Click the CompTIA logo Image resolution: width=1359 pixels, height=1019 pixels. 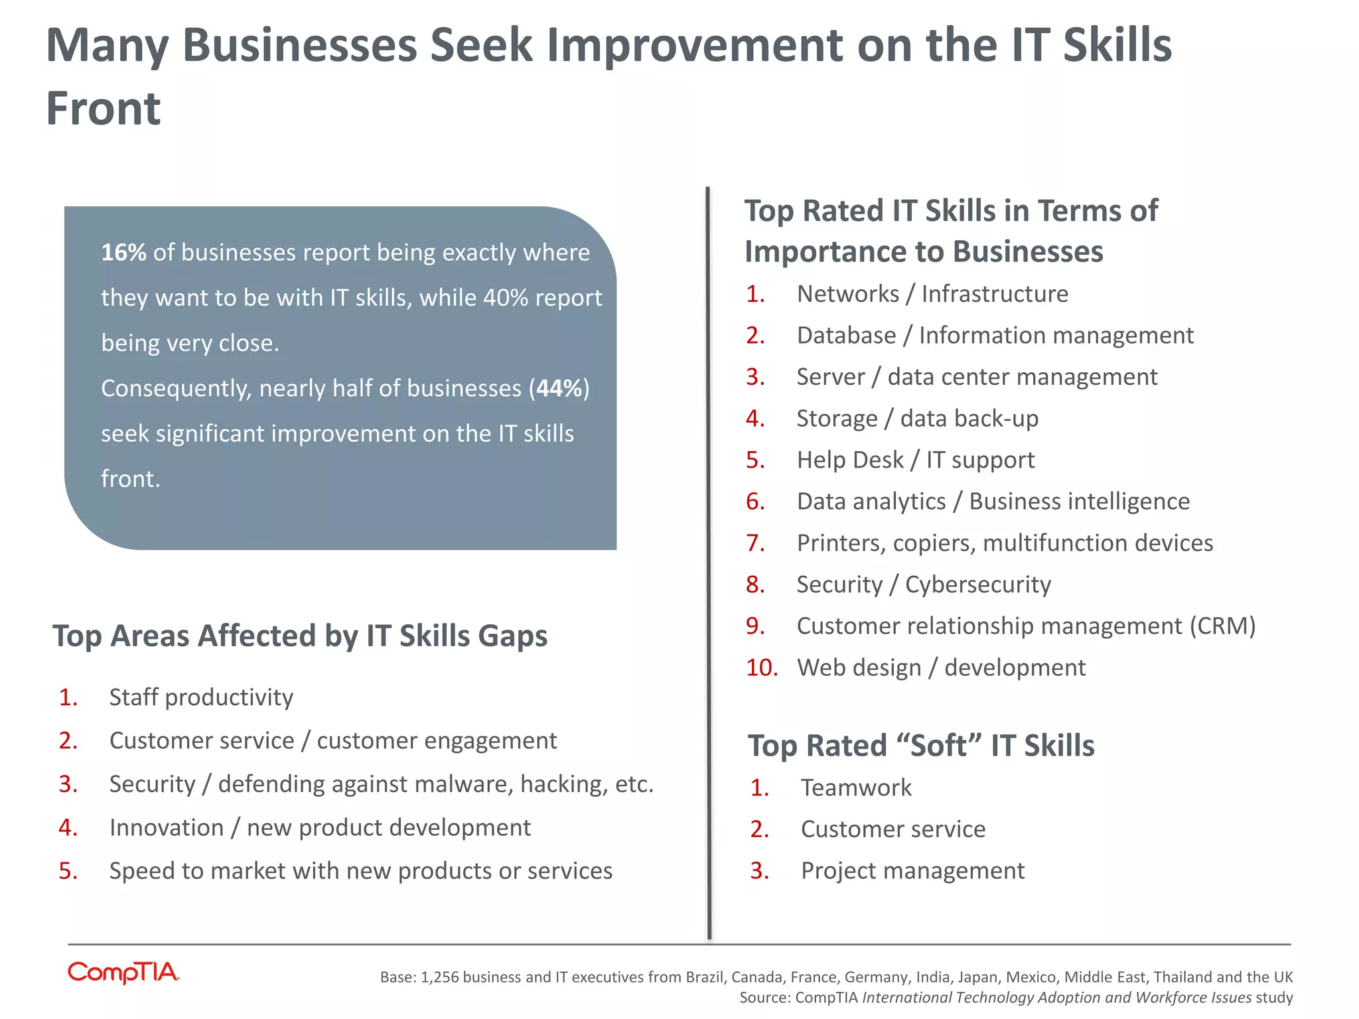click(x=123, y=973)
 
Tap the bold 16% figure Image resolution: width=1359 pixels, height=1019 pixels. click(x=123, y=253)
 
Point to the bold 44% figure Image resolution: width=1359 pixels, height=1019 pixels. click(x=559, y=388)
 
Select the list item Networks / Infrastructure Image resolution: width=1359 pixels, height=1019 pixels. click(x=932, y=294)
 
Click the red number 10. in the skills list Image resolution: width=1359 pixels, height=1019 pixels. click(x=762, y=667)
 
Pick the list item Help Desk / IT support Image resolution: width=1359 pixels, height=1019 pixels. click(x=916, y=460)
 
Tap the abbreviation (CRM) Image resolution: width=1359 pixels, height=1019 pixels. click(x=1222, y=626)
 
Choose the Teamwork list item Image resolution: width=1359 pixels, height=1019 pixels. click(x=856, y=787)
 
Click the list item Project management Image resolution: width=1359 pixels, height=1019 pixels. click(x=912, y=870)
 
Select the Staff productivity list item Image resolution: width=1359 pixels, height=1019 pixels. click(x=201, y=697)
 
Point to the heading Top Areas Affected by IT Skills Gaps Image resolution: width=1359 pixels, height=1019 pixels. click(x=300, y=636)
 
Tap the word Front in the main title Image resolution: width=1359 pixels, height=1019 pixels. click(x=104, y=108)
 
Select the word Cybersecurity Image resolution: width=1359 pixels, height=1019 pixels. click(x=978, y=584)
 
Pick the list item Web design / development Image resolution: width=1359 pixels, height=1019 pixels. click(x=941, y=667)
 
